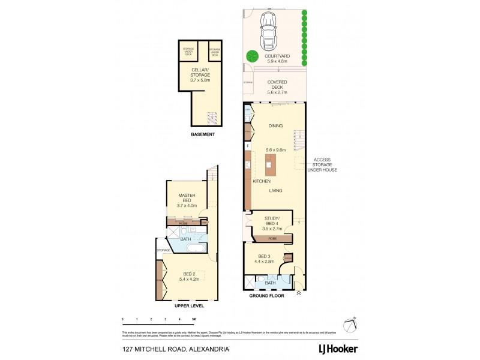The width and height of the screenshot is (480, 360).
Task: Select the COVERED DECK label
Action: (277, 87)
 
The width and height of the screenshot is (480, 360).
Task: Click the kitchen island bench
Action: (269, 164)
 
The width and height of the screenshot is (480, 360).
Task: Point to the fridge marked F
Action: (247, 146)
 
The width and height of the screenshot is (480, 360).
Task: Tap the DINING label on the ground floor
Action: (275, 126)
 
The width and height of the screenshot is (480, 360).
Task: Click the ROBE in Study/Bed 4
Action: (272, 238)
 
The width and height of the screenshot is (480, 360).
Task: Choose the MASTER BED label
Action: (187, 198)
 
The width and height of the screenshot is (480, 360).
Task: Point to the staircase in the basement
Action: (212, 118)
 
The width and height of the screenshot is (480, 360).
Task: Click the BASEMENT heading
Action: (202, 134)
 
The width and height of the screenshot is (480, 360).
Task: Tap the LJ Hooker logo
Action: (339, 347)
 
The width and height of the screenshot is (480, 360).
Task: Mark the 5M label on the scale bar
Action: (194, 319)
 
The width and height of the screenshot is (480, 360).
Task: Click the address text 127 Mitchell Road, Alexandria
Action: (167, 348)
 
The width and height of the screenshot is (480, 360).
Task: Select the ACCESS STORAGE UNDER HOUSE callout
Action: (322, 164)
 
